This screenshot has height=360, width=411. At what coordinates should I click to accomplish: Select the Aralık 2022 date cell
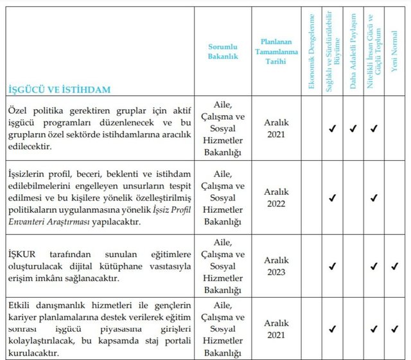(x=277, y=197)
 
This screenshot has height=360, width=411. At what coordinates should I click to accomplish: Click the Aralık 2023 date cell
(x=277, y=265)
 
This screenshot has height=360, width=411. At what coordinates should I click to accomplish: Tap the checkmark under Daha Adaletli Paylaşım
(x=353, y=129)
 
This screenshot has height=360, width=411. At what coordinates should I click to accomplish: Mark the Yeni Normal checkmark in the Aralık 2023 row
(x=394, y=265)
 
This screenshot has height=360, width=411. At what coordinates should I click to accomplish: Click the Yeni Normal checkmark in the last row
(x=394, y=329)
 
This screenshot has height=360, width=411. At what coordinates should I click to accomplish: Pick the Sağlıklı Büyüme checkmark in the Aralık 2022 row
(x=332, y=198)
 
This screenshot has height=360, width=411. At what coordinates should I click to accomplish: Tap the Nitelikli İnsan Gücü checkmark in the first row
(x=374, y=129)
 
